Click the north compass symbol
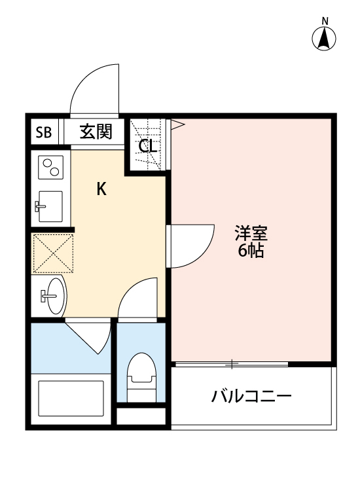[324, 37]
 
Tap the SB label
[43, 132]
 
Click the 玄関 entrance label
[96, 132]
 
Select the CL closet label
[148, 146]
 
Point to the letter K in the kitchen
[101, 190]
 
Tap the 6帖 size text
[251, 250]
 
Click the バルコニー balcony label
[251, 397]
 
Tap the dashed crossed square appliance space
[52, 253]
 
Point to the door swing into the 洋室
[191, 245]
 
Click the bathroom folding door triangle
[92, 335]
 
